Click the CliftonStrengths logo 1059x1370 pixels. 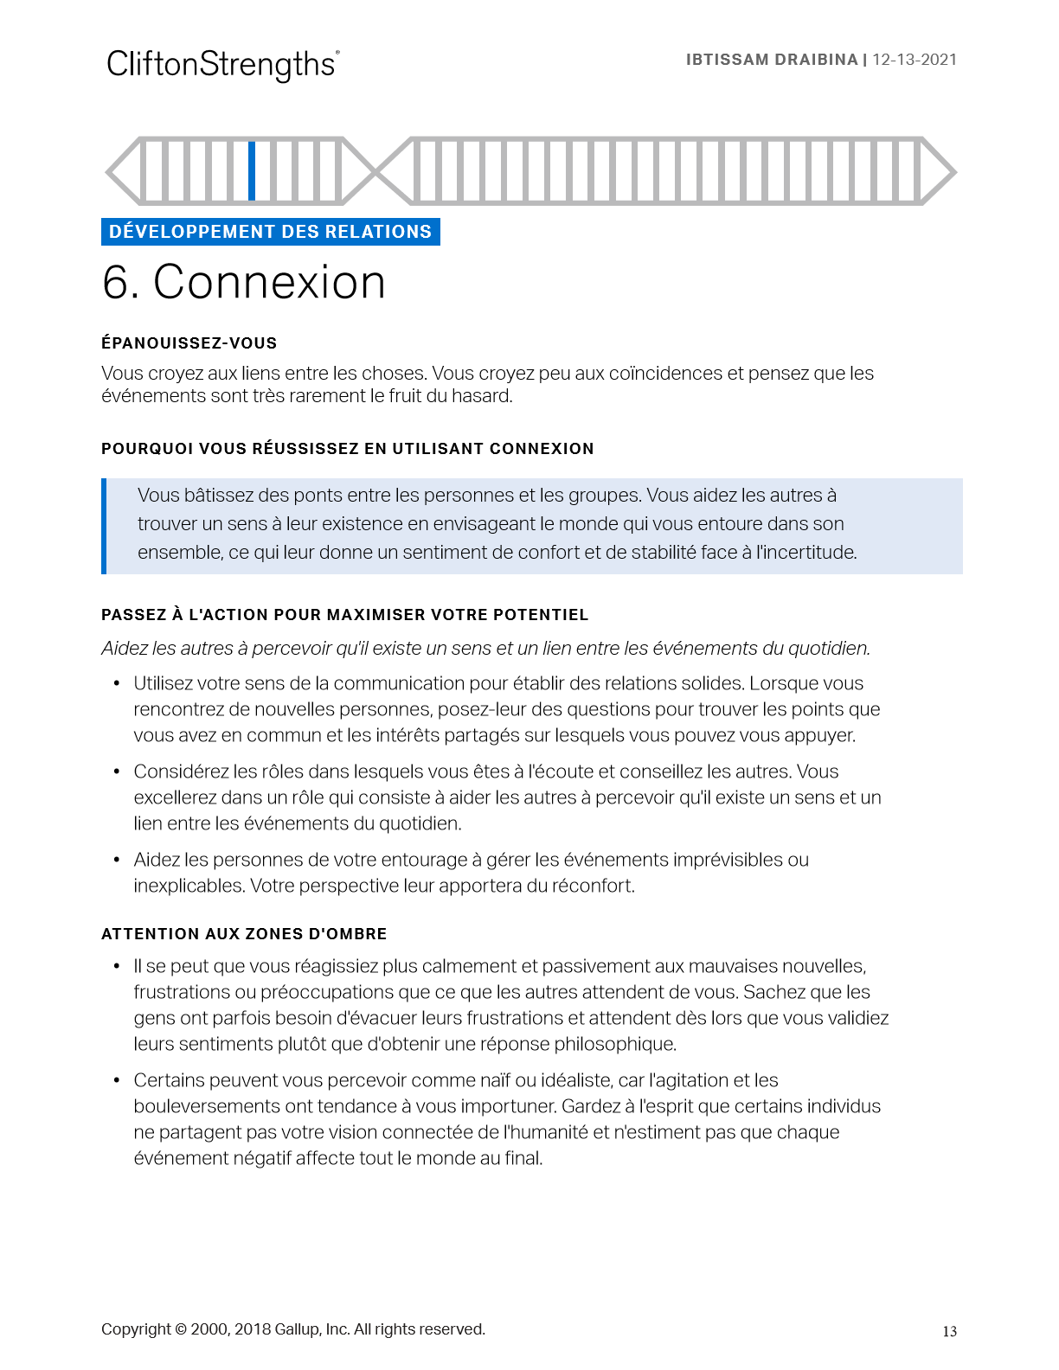pyautogui.click(x=222, y=65)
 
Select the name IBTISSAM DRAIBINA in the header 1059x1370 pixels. pyautogui.click(x=771, y=60)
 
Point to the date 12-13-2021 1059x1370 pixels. pyautogui.click(x=915, y=60)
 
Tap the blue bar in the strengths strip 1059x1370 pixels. pyautogui.click(x=252, y=170)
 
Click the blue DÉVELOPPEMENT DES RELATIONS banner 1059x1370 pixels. pyautogui.click(x=270, y=232)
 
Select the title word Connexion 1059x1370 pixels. pyautogui.click(x=269, y=282)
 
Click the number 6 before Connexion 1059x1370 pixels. pyautogui.click(x=119, y=282)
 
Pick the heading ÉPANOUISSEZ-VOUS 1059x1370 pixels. pyautogui.click(x=189, y=343)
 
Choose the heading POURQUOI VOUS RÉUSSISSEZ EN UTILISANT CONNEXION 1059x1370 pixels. pyautogui.click(x=347, y=449)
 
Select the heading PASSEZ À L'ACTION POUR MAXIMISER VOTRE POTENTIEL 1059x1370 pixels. pyautogui.click(x=344, y=615)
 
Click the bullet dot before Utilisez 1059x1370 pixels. pyautogui.click(x=117, y=683)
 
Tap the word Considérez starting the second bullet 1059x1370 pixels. pyautogui.click(x=182, y=771)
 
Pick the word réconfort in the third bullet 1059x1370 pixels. pyautogui.click(x=593, y=886)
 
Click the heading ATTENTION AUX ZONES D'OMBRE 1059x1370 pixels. pyautogui.click(x=244, y=934)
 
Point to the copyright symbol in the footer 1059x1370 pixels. pyautogui.click(x=181, y=1329)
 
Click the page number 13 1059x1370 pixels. pyautogui.click(x=949, y=1331)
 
